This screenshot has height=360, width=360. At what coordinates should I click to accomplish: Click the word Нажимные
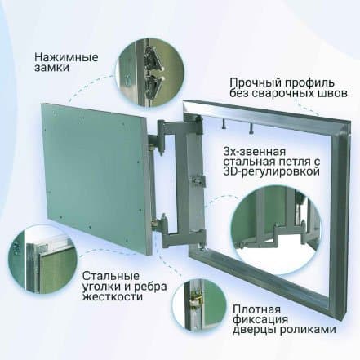[x=66, y=58]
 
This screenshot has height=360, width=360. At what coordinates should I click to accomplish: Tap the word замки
[x=51, y=68]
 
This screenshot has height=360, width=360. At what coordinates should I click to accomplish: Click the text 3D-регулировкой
[x=271, y=172]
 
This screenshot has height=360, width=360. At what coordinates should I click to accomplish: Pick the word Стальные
[x=111, y=276]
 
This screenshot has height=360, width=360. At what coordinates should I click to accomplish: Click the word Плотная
[x=256, y=309]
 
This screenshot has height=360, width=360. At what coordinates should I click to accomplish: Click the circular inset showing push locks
[x=150, y=73]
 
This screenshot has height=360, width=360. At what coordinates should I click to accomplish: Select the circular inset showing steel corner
[x=42, y=260]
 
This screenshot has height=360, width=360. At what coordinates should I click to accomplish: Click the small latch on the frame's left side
[x=198, y=180]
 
